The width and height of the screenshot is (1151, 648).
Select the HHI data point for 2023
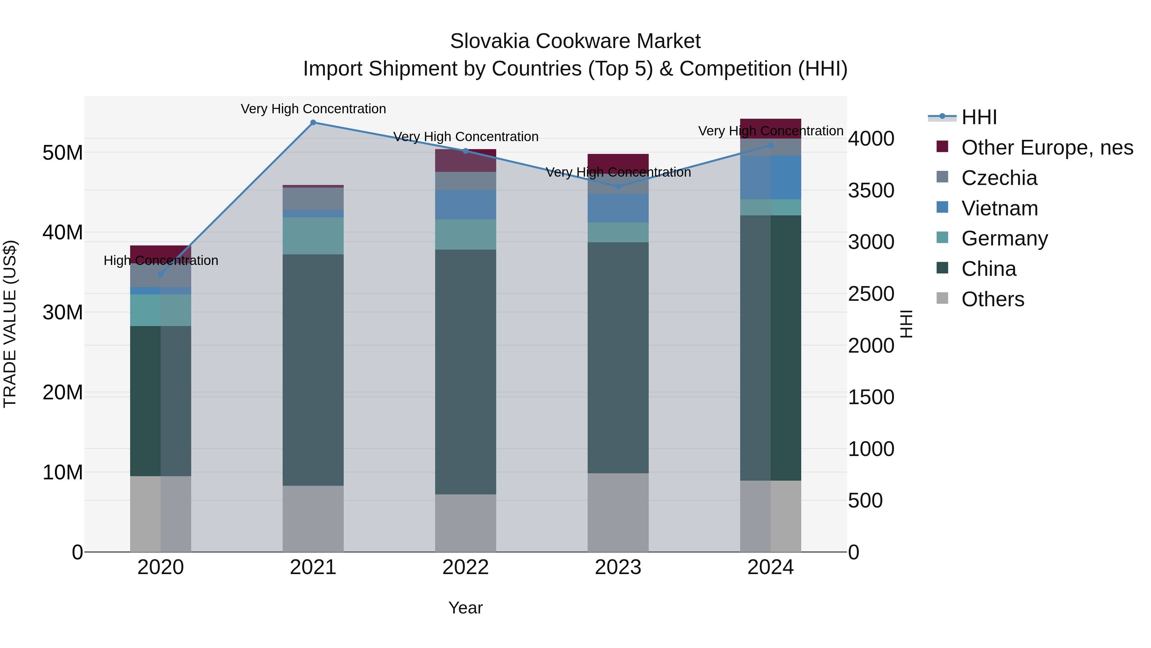click(x=618, y=187)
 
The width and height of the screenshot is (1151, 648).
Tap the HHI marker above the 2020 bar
click(x=161, y=274)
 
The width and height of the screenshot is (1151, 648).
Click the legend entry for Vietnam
click(x=999, y=208)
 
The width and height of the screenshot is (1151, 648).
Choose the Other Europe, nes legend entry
click(x=1047, y=148)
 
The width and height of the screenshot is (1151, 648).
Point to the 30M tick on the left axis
click(x=63, y=312)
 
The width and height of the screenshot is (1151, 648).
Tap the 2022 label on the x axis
click(x=465, y=567)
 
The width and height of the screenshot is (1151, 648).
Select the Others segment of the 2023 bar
click(x=618, y=513)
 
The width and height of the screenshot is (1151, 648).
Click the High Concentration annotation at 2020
click(x=161, y=260)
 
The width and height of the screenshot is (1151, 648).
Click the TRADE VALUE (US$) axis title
click(x=10, y=324)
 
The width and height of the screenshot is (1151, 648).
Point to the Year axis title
click(x=465, y=608)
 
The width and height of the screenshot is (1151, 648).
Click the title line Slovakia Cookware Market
click(x=575, y=41)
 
